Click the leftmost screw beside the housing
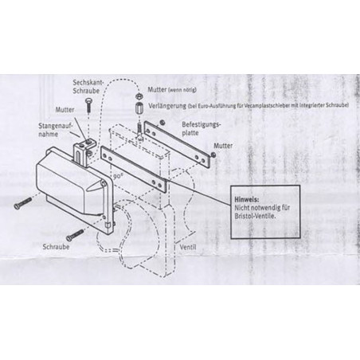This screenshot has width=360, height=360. click(x=22, y=203)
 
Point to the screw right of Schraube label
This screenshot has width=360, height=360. click(x=76, y=233)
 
